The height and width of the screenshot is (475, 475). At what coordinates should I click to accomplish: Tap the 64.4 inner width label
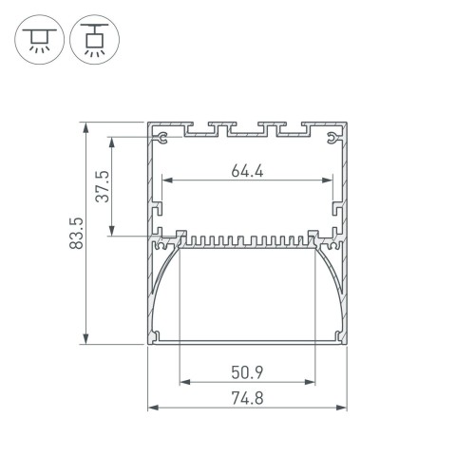point(247,171)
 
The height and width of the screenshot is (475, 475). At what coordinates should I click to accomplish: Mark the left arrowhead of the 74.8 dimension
point(152,408)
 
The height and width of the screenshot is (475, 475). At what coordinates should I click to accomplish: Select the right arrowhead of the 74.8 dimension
point(343,408)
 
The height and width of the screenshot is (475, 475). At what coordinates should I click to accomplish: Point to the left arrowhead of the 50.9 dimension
point(182,382)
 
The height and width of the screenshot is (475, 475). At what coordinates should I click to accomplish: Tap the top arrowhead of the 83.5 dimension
point(87,126)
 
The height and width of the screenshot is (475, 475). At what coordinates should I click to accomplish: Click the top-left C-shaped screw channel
point(165,141)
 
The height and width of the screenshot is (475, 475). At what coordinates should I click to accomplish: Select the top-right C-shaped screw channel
point(330,141)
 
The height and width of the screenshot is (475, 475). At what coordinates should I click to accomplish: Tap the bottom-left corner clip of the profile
point(157,334)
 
